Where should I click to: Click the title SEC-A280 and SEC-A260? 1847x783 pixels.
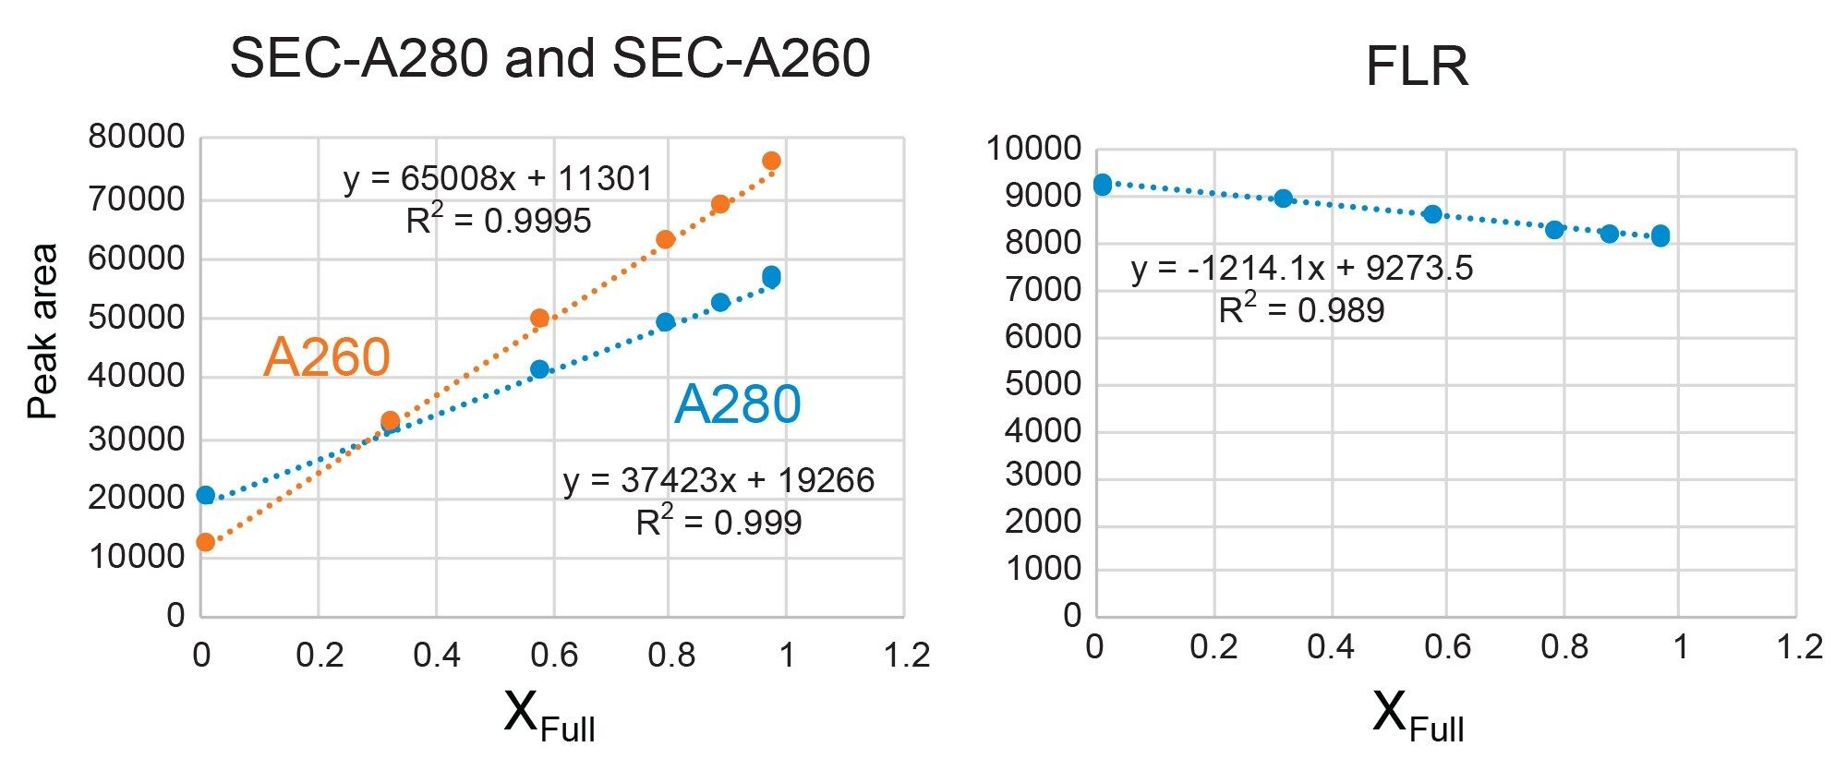549,58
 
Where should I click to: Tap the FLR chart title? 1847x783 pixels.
1416,66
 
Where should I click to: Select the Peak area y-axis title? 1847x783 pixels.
42,331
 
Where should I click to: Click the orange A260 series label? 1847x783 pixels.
326,357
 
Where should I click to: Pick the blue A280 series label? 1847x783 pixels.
737,404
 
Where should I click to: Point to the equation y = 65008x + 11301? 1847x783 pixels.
498,178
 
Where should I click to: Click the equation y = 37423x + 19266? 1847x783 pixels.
718,480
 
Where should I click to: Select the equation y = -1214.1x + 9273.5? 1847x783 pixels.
1301,269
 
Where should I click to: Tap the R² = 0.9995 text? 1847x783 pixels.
498,221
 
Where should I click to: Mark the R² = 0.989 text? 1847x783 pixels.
1301,309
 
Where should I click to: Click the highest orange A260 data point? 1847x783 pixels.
771,162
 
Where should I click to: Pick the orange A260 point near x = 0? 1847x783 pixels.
206,542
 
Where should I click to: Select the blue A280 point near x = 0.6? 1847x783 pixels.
539,369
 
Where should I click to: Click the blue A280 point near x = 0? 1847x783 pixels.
206,496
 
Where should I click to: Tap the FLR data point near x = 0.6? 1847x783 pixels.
1432,214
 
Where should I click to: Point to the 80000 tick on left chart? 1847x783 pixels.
136,138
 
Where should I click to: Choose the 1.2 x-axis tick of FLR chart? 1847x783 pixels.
1799,647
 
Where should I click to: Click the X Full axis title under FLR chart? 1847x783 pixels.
1417,716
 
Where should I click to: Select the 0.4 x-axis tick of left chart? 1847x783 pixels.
436,656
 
